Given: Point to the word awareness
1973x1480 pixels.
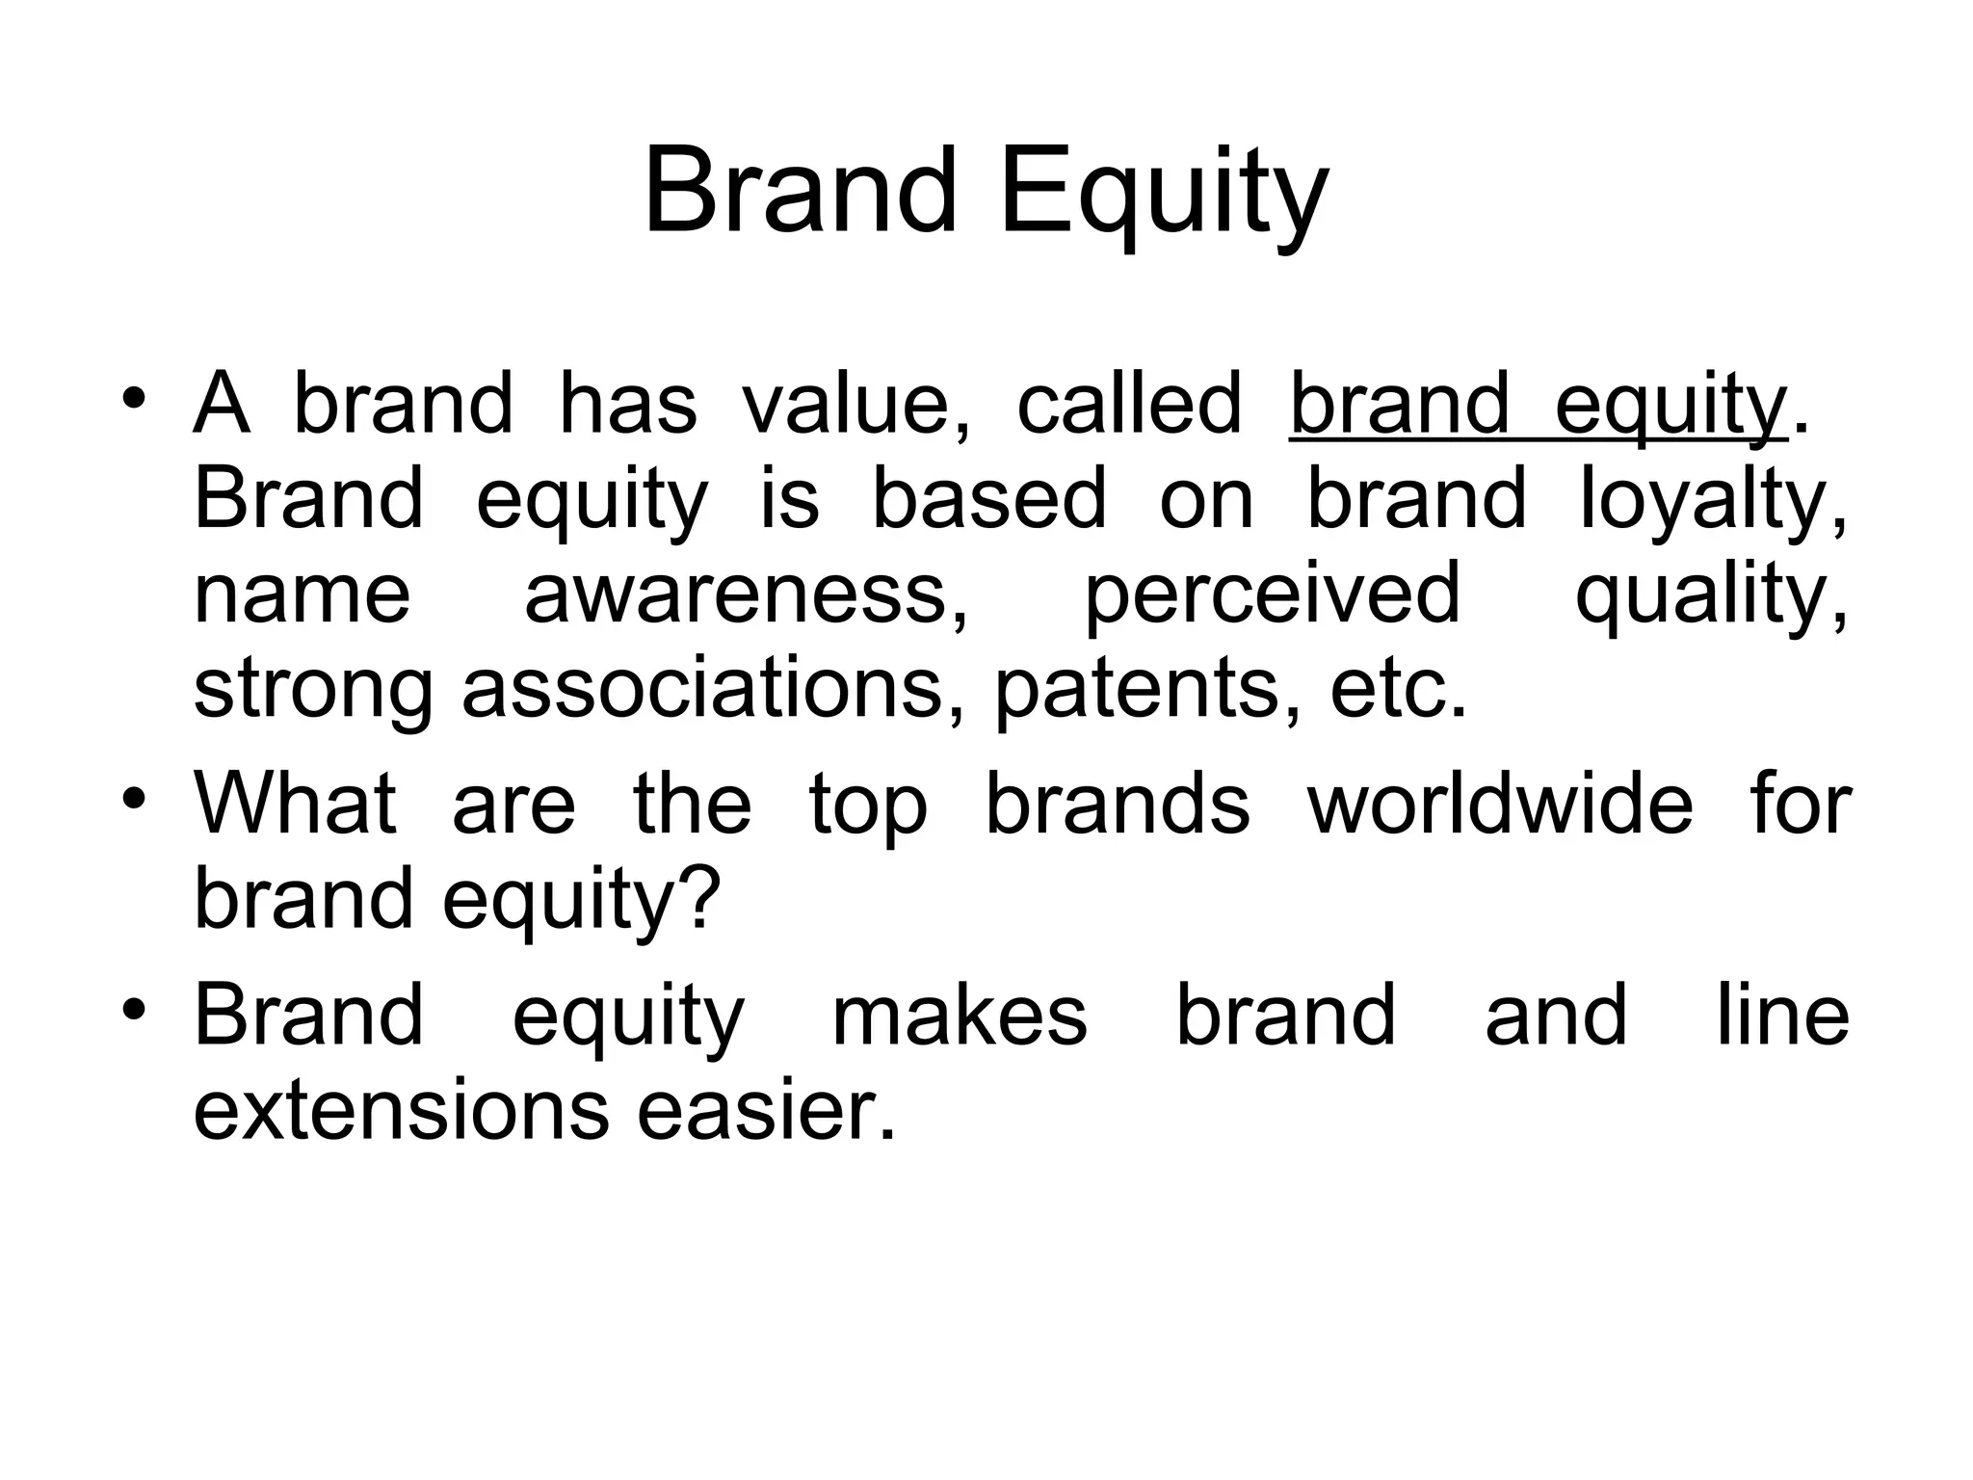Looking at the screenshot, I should (x=746, y=595).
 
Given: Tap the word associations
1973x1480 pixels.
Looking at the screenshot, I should (x=712, y=690).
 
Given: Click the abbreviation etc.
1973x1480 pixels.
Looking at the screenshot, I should (x=1398, y=690).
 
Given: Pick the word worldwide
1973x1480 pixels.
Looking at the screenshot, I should (x=1499, y=805).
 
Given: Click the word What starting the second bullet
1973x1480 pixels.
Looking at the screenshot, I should (x=295, y=805).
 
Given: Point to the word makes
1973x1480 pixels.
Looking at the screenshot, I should (x=959, y=1017).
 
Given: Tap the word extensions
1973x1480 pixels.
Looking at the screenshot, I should (x=401, y=1111).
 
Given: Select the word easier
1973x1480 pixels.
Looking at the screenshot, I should (x=766, y=1111).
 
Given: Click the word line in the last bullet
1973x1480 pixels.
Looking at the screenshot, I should (x=1783, y=1017).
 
